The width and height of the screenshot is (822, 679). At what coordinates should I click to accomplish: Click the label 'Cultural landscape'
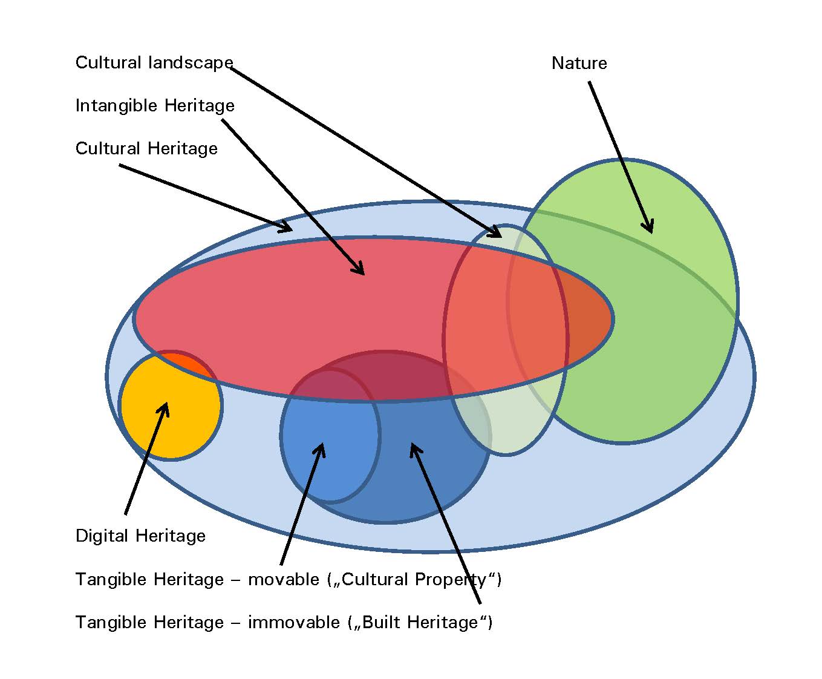154,63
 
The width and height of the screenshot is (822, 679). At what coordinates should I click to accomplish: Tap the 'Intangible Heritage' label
155,106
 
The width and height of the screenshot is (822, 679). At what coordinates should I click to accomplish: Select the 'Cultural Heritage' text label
146,149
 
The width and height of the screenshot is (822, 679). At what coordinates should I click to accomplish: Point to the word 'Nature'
579,64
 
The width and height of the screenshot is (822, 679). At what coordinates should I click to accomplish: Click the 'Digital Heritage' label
140,536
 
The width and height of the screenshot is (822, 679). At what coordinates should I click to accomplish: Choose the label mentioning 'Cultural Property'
289,580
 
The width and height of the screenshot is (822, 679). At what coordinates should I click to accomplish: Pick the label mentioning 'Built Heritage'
284,623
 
